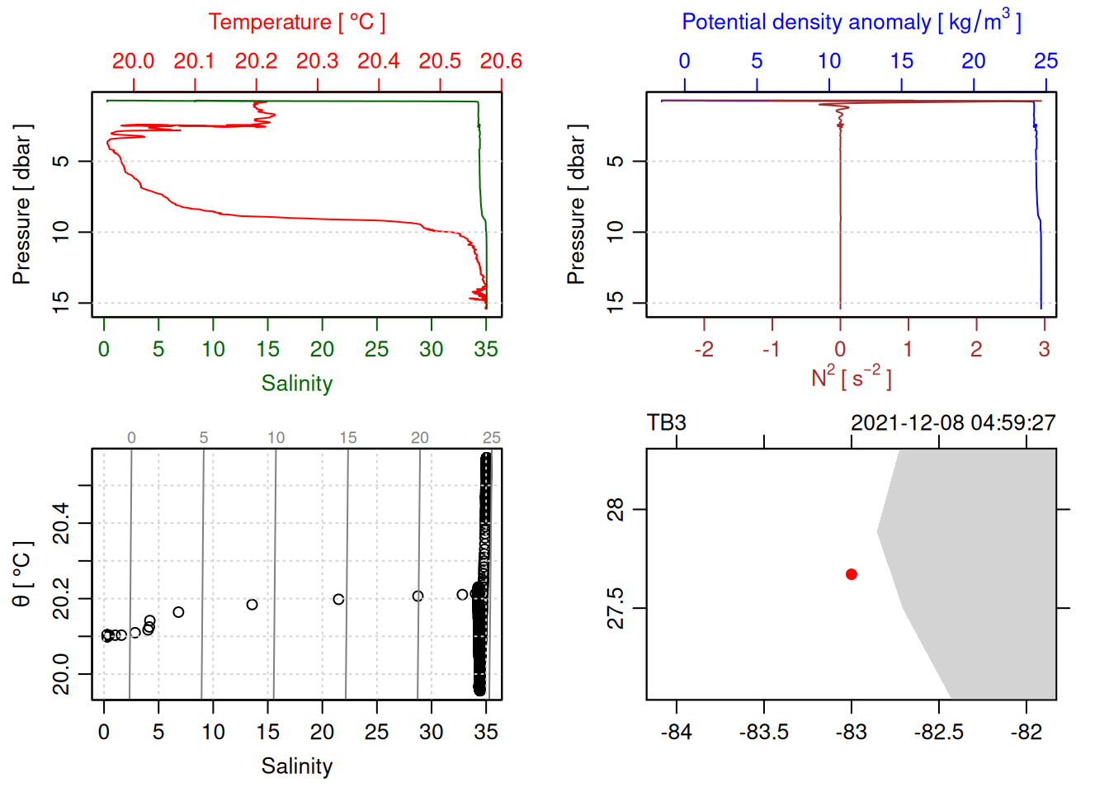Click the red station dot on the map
point(851,574)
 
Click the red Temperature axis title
point(296,22)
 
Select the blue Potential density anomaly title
point(851,22)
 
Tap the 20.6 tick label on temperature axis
point(501,61)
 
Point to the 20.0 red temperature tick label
point(133,61)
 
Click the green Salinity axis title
point(296,384)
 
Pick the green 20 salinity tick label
point(322,350)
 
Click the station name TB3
point(667,423)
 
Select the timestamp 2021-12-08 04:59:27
point(953,423)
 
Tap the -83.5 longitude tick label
point(763,732)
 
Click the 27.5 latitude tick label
point(616,608)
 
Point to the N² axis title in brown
point(851,378)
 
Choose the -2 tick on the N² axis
point(703,350)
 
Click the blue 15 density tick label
point(901,61)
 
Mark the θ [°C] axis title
point(21,574)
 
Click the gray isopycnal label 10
point(276,438)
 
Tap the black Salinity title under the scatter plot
point(296,766)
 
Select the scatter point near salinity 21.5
point(338,600)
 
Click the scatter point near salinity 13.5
point(252,605)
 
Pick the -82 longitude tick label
point(1026,732)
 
